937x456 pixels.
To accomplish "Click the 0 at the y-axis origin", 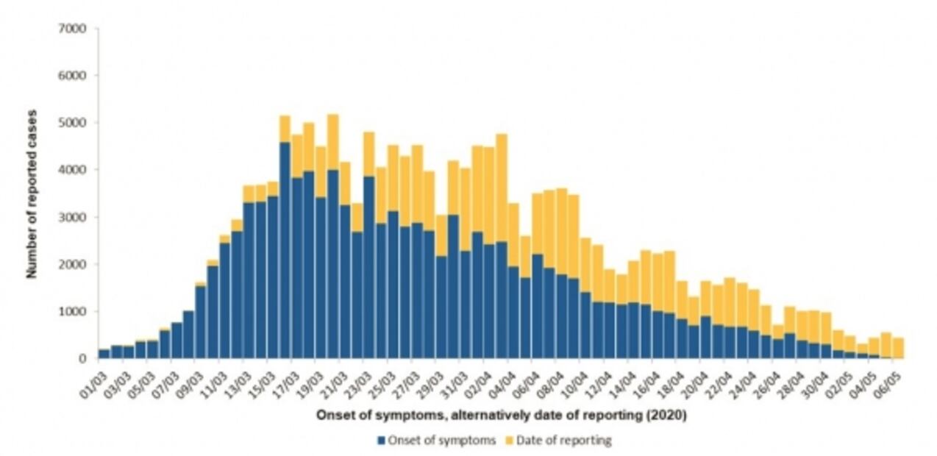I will point(84,359).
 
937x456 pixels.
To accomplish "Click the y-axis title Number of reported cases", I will point(32,193).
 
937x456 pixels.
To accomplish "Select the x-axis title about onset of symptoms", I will point(501,416).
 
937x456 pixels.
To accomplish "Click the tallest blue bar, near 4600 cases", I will point(285,250).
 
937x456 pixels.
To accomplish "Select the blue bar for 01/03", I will point(104,354).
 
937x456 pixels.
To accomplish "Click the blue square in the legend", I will point(381,441).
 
